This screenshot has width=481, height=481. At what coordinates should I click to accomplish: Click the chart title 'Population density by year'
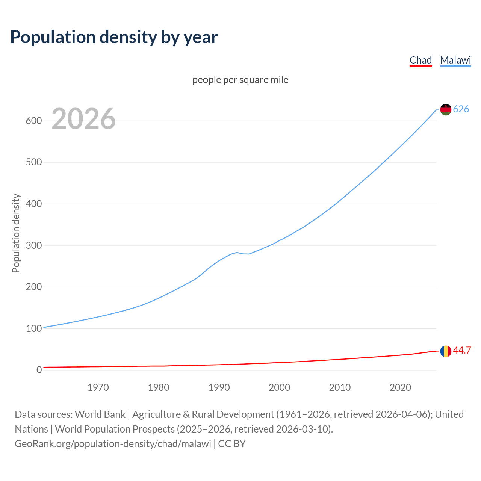click(114, 37)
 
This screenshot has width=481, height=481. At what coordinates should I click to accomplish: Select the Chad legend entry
click(420, 60)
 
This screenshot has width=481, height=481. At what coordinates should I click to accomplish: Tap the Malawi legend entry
click(455, 60)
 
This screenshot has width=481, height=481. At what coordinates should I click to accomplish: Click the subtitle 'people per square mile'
click(240, 80)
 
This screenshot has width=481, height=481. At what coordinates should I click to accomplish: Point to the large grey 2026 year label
click(83, 119)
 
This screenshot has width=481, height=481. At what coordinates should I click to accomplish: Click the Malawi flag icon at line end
click(446, 109)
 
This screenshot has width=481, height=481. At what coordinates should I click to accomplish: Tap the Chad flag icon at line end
click(446, 351)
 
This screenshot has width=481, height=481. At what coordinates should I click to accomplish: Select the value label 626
click(461, 109)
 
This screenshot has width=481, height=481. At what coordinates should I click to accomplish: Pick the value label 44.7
click(462, 350)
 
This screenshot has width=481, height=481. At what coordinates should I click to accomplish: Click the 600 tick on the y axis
click(34, 121)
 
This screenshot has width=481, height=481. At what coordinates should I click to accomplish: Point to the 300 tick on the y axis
click(34, 245)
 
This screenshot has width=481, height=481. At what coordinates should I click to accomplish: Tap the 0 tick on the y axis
click(39, 370)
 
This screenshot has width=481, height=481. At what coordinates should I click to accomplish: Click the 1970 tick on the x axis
click(98, 387)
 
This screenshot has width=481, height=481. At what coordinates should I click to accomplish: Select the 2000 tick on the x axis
click(279, 387)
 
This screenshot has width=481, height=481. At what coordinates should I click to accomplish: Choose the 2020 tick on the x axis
click(400, 387)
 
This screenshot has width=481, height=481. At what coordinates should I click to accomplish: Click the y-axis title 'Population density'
click(16, 233)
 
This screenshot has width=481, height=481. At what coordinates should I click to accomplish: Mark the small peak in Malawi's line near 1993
click(237, 253)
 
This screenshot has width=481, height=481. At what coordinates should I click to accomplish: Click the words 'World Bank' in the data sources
click(100, 414)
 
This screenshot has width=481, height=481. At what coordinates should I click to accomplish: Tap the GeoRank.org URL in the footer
click(113, 444)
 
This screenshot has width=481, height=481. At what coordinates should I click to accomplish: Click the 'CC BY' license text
click(232, 444)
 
